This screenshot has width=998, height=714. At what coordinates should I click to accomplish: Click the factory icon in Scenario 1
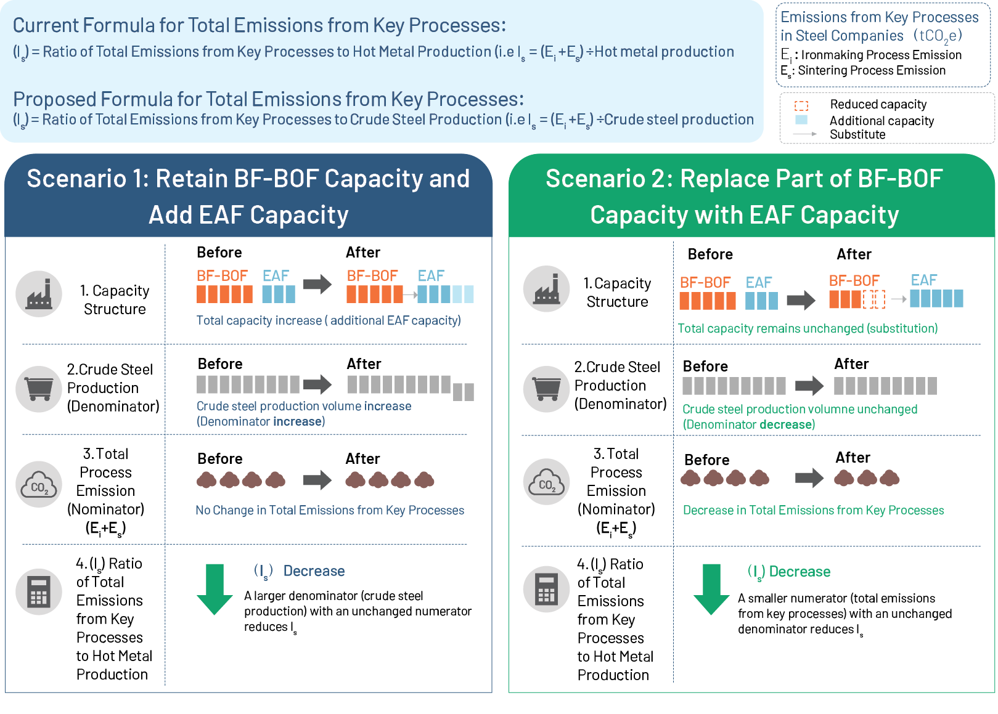tap(39, 294)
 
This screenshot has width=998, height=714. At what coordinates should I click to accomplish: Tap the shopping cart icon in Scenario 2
tap(546, 389)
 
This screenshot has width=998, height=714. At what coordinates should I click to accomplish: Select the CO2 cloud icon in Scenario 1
tap(39, 484)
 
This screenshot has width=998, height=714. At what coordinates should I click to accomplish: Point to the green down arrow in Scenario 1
tap(215, 590)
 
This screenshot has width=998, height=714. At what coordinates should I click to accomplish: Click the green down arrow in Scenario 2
tap(711, 590)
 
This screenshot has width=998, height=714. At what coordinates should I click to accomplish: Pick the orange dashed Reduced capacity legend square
tap(801, 105)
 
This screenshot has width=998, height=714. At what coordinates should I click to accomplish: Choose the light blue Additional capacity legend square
tap(801, 120)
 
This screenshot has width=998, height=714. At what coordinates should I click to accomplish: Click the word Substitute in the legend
tap(857, 134)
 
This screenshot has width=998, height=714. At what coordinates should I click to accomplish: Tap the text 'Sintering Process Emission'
tap(872, 70)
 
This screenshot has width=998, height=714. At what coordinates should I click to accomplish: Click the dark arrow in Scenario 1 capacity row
tap(317, 284)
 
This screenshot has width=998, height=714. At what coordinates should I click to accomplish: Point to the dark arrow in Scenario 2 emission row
tap(809, 478)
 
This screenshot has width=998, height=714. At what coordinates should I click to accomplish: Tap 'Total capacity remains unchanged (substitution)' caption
tap(808, 328)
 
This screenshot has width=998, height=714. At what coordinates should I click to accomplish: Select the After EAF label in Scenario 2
tap(923, 280)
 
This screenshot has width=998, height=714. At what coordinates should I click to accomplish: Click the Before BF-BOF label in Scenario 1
tap(222, 275)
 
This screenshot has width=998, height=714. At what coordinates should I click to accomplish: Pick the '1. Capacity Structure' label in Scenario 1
tap(115, 299)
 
